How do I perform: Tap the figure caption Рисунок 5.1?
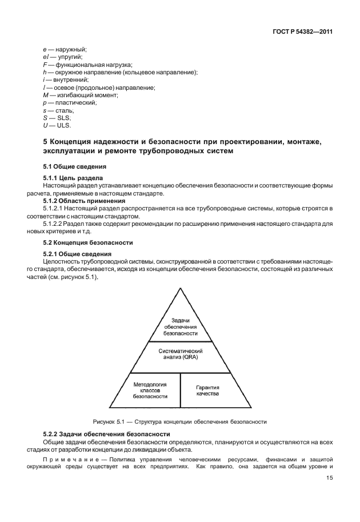point(180,422)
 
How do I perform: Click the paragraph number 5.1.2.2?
point(56,225)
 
